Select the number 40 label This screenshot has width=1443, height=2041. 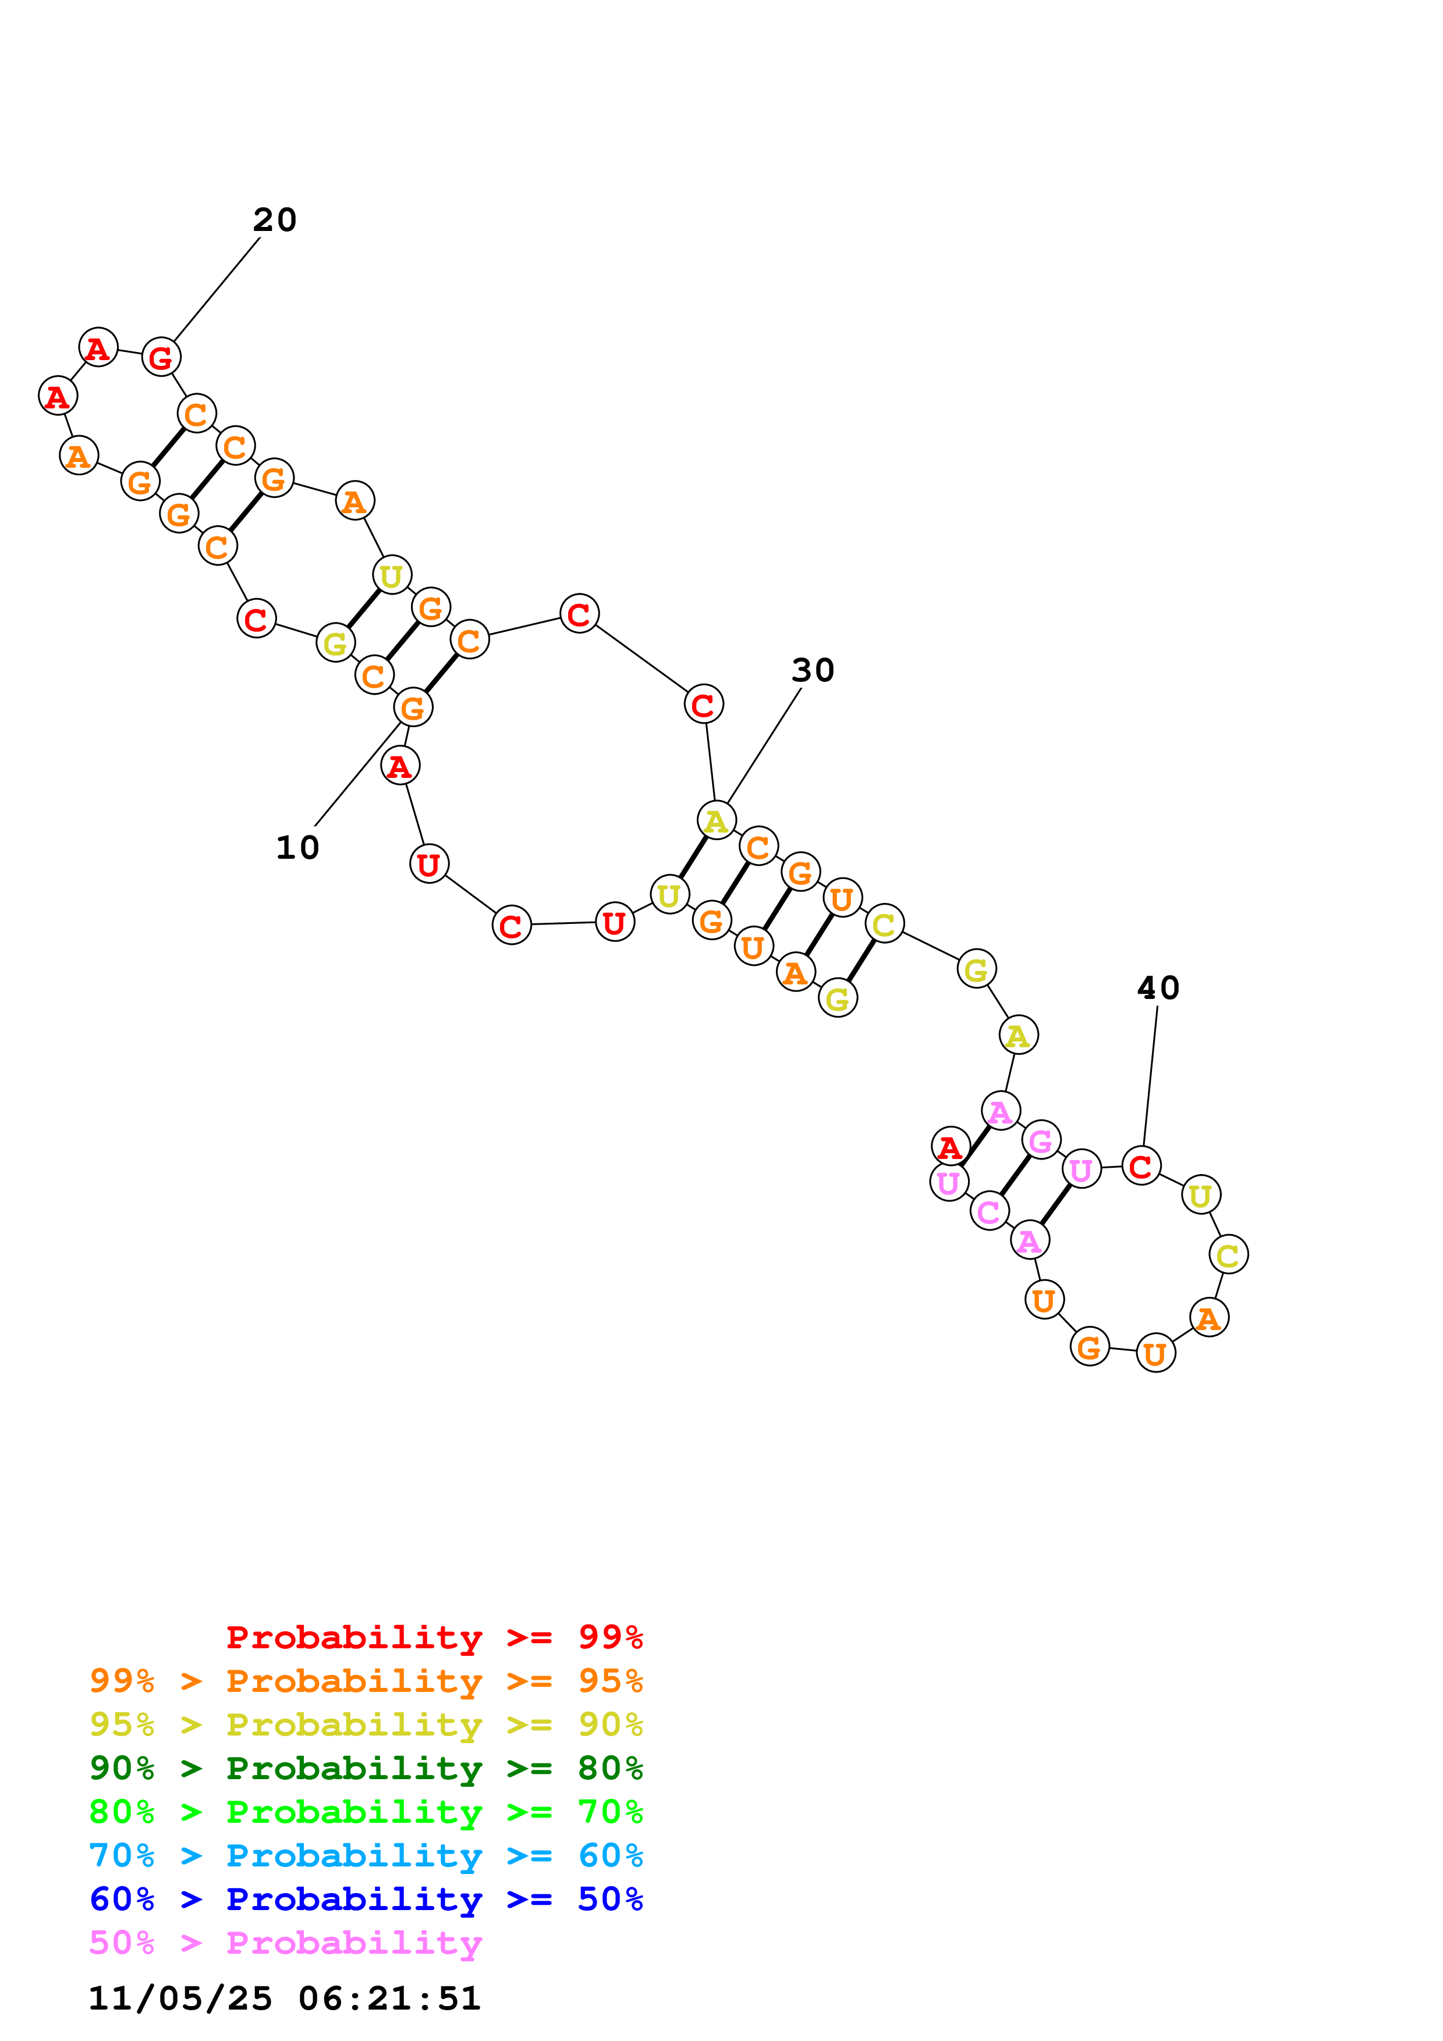pos(1158,987)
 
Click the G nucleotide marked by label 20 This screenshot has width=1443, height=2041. pos(161,357)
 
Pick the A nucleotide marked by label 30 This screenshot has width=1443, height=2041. pos(716,820)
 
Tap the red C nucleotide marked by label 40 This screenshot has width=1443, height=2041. pos(1141,1165)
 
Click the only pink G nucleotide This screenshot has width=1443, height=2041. pos(1040,1140)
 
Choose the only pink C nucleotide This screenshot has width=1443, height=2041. pos(988,1211)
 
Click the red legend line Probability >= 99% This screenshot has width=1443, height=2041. pos(434,1637)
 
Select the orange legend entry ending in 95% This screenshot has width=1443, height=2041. pos(366,1681)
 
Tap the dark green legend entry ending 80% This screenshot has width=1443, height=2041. pos(366,1768)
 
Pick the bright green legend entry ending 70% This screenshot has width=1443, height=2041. pos(366,1812)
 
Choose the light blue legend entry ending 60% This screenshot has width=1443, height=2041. pos(366,1855)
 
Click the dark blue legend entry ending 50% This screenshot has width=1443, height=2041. pos(366,1899)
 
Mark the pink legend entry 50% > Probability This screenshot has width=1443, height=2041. pos(285,1942)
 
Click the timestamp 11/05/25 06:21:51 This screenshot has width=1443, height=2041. pos(285,1999)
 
